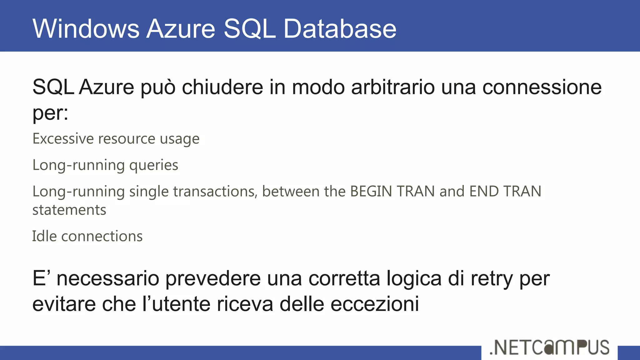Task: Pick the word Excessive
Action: pyautogui.click(x=63, y=138)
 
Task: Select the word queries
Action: pyautogui.click(x=153, y=165)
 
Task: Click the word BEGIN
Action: pyautogui.click(x=371, y=191)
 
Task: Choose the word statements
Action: pyautogui.click(x=69, y=210)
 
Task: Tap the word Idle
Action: pyautogui.click(x=44, y=236)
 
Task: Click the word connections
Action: pyautogui.click(x=102, y=236)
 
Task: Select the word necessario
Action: pyautogui.click(x=108, y=278)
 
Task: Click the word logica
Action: pyautogui.click(x=414, y=279)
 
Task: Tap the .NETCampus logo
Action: pyautogui.click(x=549, y=347)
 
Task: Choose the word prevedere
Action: pyautogui.click(x=213, y=279)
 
